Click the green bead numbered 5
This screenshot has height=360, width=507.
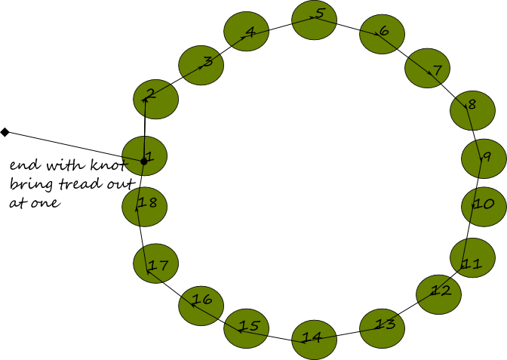coord(315,20)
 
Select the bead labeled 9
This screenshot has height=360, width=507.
coord(484,158)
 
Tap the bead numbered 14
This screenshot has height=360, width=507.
coord(315,340)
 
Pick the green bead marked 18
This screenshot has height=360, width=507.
coord(145,207)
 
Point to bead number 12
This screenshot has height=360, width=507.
coord(439,294)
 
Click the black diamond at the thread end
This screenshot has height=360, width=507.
coord(5,132)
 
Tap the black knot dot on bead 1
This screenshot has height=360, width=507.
coord(144,161)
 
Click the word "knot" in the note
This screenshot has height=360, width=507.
coord(109,165)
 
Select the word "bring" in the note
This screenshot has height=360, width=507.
coord(31,185)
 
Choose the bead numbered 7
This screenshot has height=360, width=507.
coord(428,68)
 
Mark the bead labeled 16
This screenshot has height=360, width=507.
coord(201,306)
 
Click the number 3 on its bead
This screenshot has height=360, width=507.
coord(208,61)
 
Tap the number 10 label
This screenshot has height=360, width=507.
coord(484,204)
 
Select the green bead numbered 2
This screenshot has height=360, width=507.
coord(156,100)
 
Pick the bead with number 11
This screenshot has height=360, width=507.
coord(473,258)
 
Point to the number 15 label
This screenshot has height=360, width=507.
coord(250,326)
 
